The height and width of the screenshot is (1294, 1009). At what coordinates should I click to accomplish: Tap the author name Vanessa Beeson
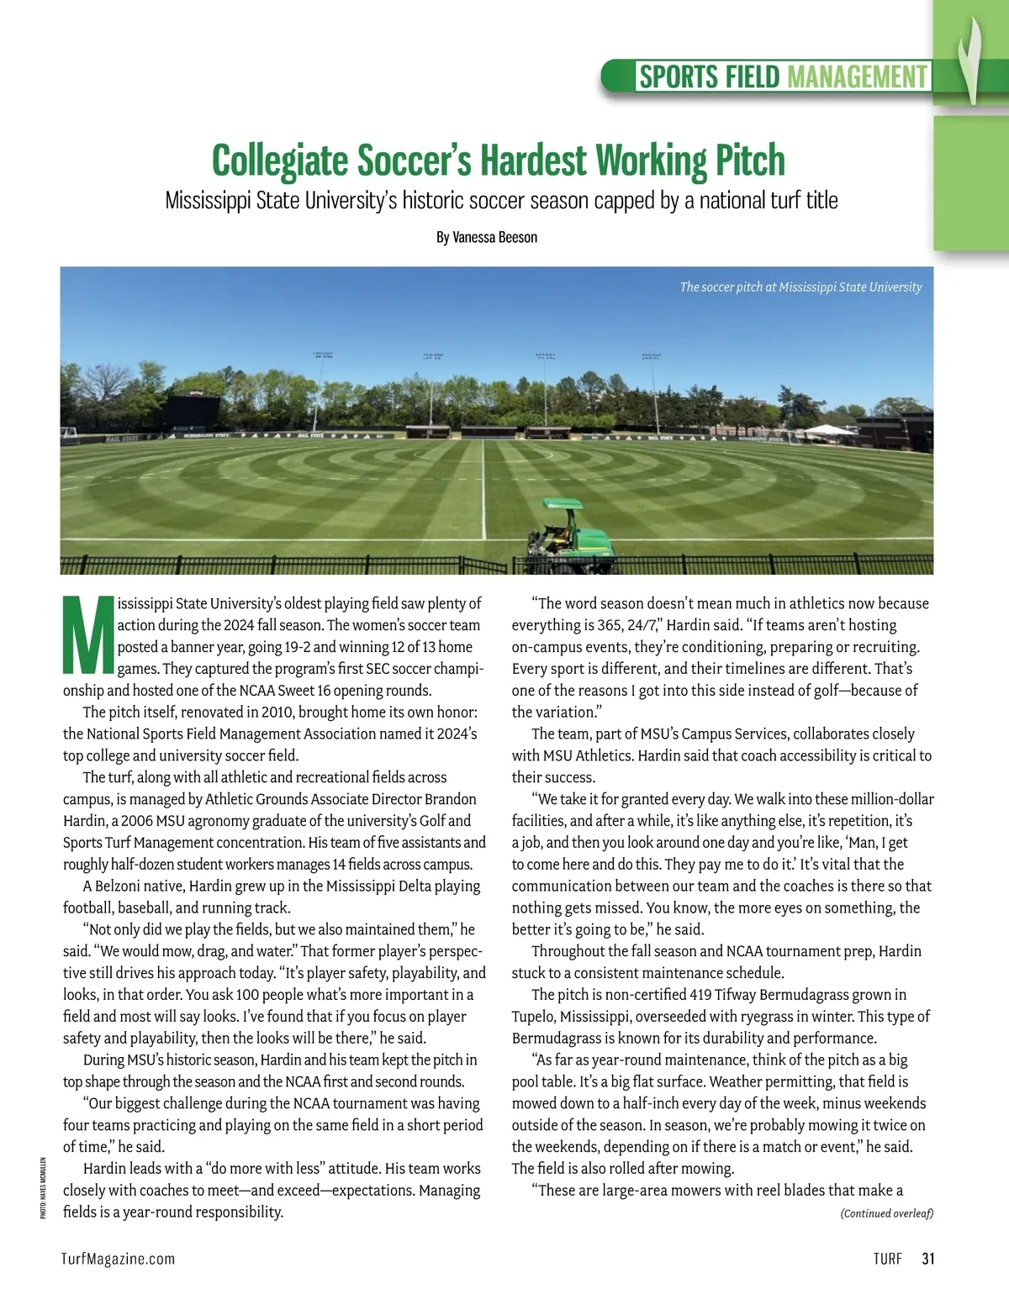[x=494, y=238]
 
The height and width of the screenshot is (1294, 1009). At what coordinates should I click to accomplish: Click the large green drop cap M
[x=87, y=635]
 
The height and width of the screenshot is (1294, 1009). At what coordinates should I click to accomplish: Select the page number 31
[x=928, y=1259]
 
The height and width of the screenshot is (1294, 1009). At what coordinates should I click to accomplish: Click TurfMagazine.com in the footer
[x=119, y=1259]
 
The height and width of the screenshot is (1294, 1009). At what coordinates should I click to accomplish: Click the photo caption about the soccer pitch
[x=800, y=287]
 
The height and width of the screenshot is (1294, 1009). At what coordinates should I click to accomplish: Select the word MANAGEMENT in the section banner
[x=858, y=77]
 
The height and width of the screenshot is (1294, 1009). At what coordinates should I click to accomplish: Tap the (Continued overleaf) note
[x=887, y=1213]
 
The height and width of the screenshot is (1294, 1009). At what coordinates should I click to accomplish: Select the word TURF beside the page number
[x=887, y=1259]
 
